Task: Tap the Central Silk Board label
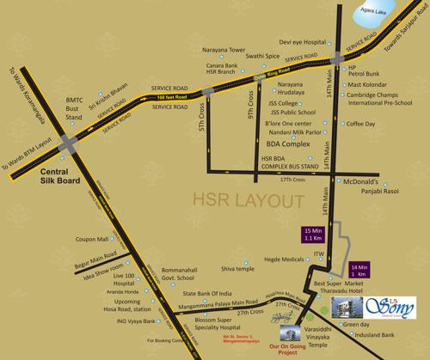[48, 176]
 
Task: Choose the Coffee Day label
[362, 123]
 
